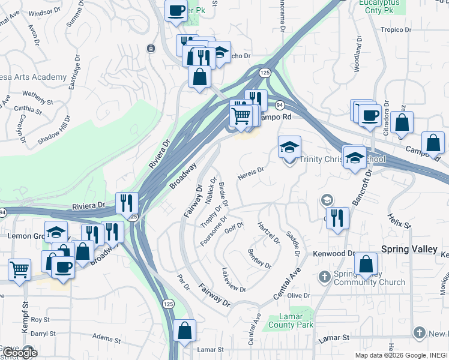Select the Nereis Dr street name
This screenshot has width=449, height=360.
[x=250, y=172]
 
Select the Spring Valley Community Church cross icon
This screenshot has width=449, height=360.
[x=325, y=277]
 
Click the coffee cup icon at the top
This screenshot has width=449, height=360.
[x=176, y=11]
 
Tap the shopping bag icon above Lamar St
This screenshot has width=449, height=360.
[x=185, y=331]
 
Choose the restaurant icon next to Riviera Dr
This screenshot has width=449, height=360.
[x=127, y=203]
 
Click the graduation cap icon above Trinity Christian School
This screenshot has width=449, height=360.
[x=289, y=147]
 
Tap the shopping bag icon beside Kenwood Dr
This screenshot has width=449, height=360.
[x=366, y=264]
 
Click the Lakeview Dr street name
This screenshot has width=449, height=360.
[x=234, y=280]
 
